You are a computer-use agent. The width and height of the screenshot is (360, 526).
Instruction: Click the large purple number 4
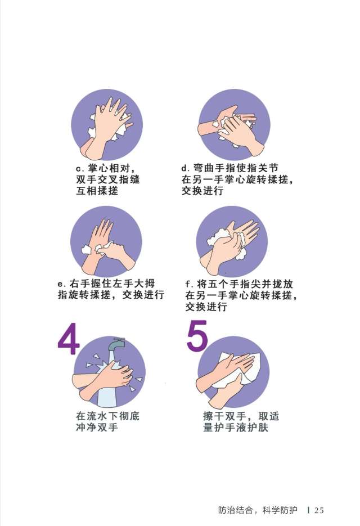coord(67,340)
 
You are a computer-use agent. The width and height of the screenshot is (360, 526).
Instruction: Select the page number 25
coord(319,510)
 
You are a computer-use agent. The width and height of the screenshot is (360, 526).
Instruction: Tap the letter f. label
coord(188,284)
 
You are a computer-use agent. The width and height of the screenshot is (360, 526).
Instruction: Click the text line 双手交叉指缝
coord(108,180)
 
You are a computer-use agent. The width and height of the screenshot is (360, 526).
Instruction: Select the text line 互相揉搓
coord(97,191)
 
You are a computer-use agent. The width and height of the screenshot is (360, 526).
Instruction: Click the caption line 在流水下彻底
coord(107,417)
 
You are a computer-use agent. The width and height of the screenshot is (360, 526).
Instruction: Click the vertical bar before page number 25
coord(309,510)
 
